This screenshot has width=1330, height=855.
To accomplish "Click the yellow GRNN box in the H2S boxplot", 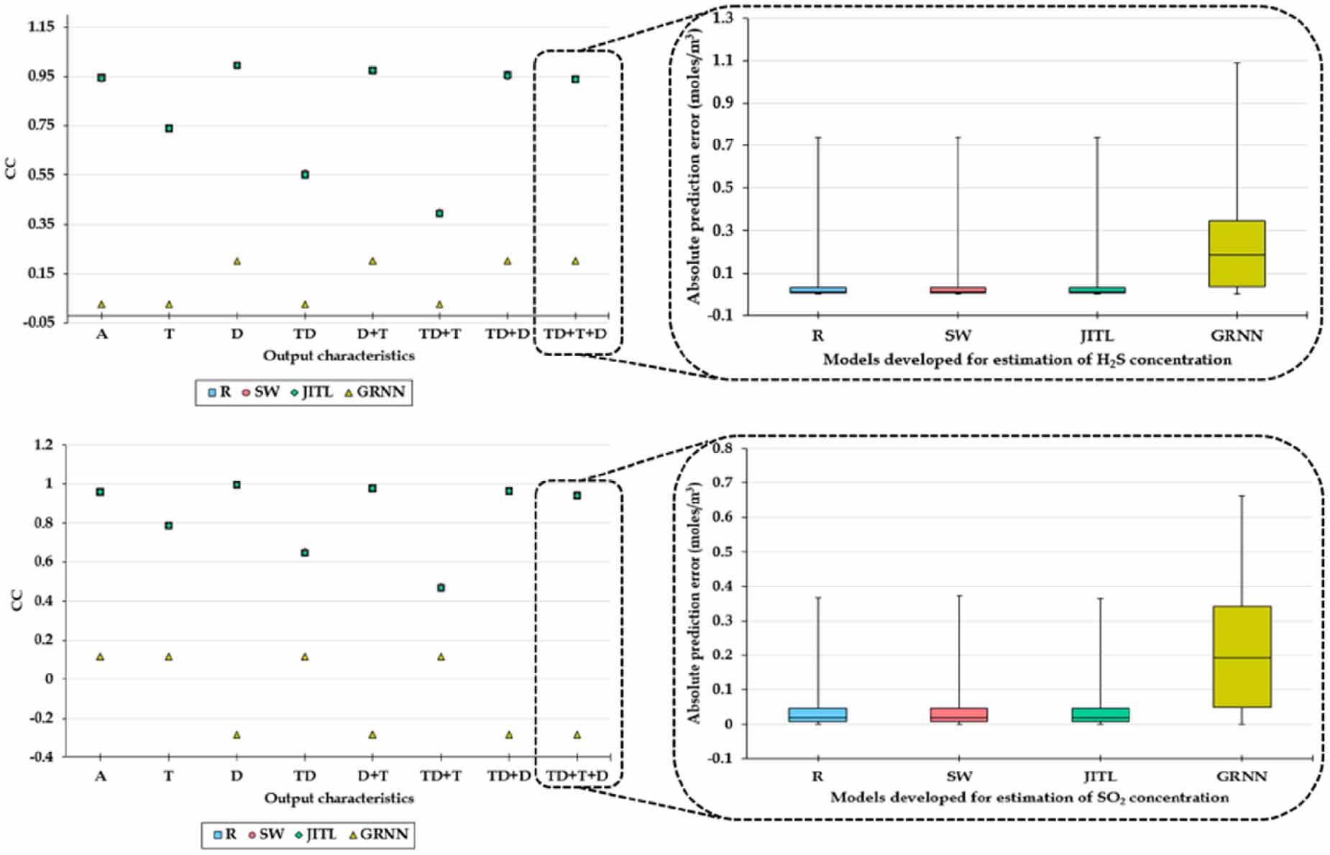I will [x=1236, y=253].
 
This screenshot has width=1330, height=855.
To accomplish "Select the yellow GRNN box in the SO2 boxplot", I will [x=1241, y=656].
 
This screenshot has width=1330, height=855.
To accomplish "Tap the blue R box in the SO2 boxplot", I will [x=817, y=715].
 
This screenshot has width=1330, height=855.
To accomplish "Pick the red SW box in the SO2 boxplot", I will [x=958, y=715].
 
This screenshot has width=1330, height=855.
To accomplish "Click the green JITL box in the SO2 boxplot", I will [x=1100, y=715].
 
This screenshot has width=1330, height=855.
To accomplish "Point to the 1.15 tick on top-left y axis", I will [x=41, y=27].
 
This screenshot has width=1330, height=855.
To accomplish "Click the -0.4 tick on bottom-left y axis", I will [x=42, y=756].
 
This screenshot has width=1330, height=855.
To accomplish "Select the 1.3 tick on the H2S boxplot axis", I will [x=723, y=18].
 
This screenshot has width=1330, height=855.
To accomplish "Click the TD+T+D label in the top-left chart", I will [x=575, y=334].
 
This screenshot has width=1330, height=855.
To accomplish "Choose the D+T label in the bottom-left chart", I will [x=372, y=776].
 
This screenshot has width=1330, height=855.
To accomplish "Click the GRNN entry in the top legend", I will [x=375, y=392].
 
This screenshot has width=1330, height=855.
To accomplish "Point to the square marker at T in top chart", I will [x=169, y=129].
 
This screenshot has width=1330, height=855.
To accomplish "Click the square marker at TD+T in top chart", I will [x=439, y=214].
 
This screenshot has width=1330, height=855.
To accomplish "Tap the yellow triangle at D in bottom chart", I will [x=237, y=735].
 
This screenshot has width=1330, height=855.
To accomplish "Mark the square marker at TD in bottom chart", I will [x=305, y=553].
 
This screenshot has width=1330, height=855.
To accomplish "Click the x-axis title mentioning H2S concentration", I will [x=1027, y=360].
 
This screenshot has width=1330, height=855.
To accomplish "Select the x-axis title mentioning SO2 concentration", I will [x=1029, y=797].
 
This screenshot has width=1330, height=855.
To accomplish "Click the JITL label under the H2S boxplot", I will [x=1096, y=336].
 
